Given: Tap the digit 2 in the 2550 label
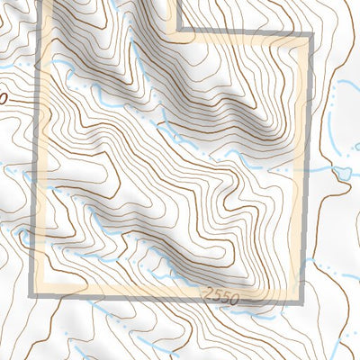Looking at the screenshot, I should pyautogui.click(x=209, y=293).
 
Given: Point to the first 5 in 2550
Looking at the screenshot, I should pyautogui.click(x=217, y=294).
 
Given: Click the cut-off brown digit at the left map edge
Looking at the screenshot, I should pyautogui.click(x=3, y=94).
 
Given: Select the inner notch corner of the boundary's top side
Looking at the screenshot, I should pyautogui.click(x=176, y=36).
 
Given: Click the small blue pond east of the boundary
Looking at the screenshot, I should pyautogui.click(x=343, y=172).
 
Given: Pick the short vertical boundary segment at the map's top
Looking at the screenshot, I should pyautogui.click(x=176, y=16).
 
